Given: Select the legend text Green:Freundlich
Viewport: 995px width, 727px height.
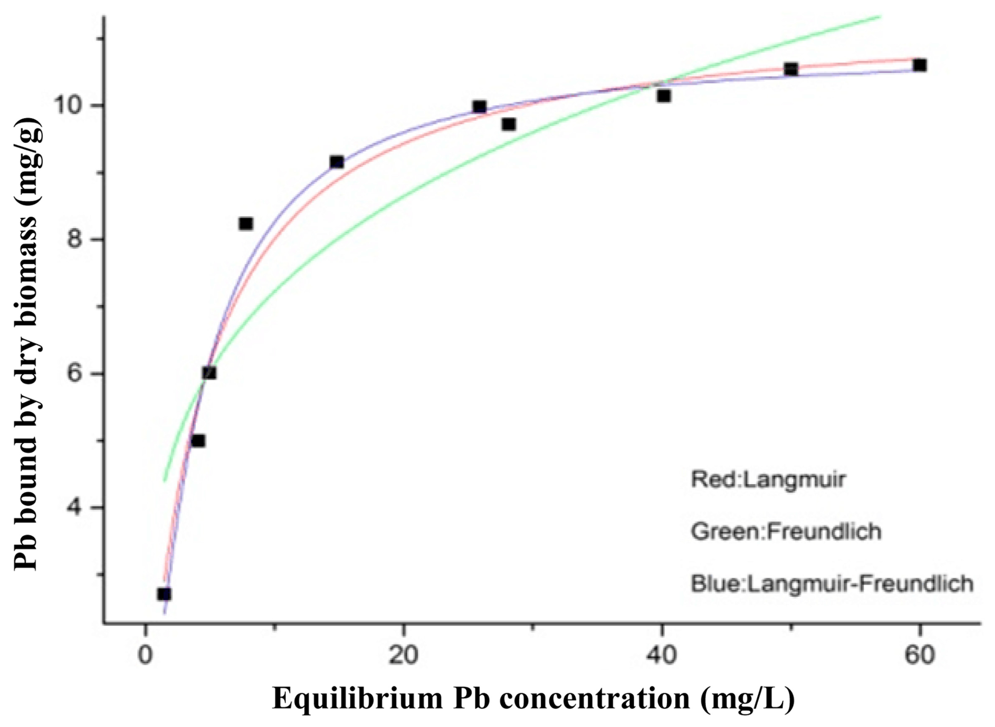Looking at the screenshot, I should pyautogui.click(x=786, y=531).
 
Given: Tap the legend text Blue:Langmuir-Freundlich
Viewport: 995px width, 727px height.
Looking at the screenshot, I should pyautogui.click(x=832, y=583).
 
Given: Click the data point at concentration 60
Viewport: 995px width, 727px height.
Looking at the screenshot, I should pyautogui.click(x=919, y=65).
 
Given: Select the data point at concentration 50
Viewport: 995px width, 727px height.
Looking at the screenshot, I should pyautogui.click(x=791, y=69).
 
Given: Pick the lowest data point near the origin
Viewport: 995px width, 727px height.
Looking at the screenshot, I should pyautogui.click(x=164, y=594).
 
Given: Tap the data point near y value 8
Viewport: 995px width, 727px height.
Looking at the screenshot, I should pyautogui.click(x=246, y=223).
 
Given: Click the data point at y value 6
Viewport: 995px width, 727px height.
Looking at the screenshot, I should pyautogui.click(x=209, y=373).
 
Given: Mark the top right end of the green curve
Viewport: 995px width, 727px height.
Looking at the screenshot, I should pyautogui.click(x=879, y=17).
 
